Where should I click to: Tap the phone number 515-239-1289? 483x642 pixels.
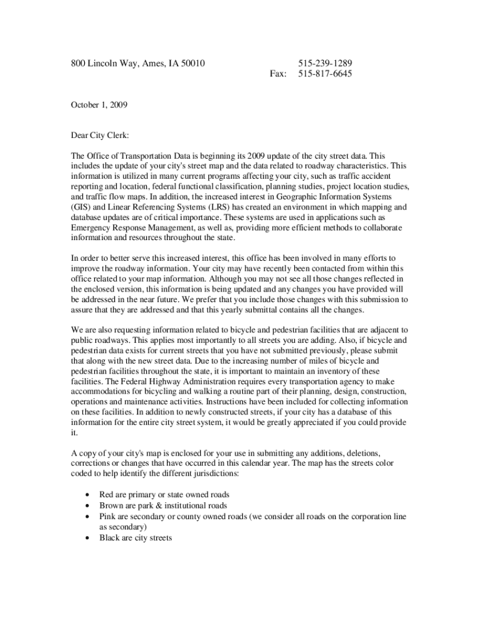coord(324,63)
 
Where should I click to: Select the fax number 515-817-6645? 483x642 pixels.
coord(324,74)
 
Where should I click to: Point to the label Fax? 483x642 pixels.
coord(278,74)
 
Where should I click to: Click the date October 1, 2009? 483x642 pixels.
coord(99,105)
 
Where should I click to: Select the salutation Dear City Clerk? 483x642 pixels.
coord(100,135)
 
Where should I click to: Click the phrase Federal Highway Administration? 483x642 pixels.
coord(178,382)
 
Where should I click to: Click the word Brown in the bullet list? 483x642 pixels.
coord(112,505)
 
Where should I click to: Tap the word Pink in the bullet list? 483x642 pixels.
coord(109,517)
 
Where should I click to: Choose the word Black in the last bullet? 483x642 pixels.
coord(110,538)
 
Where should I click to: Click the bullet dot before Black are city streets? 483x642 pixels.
coord(87,538)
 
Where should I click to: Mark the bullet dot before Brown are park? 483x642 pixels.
coord(87,505)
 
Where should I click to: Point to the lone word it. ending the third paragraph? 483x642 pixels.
coord(74,433)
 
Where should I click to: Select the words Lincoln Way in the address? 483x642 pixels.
coord(110,63)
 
